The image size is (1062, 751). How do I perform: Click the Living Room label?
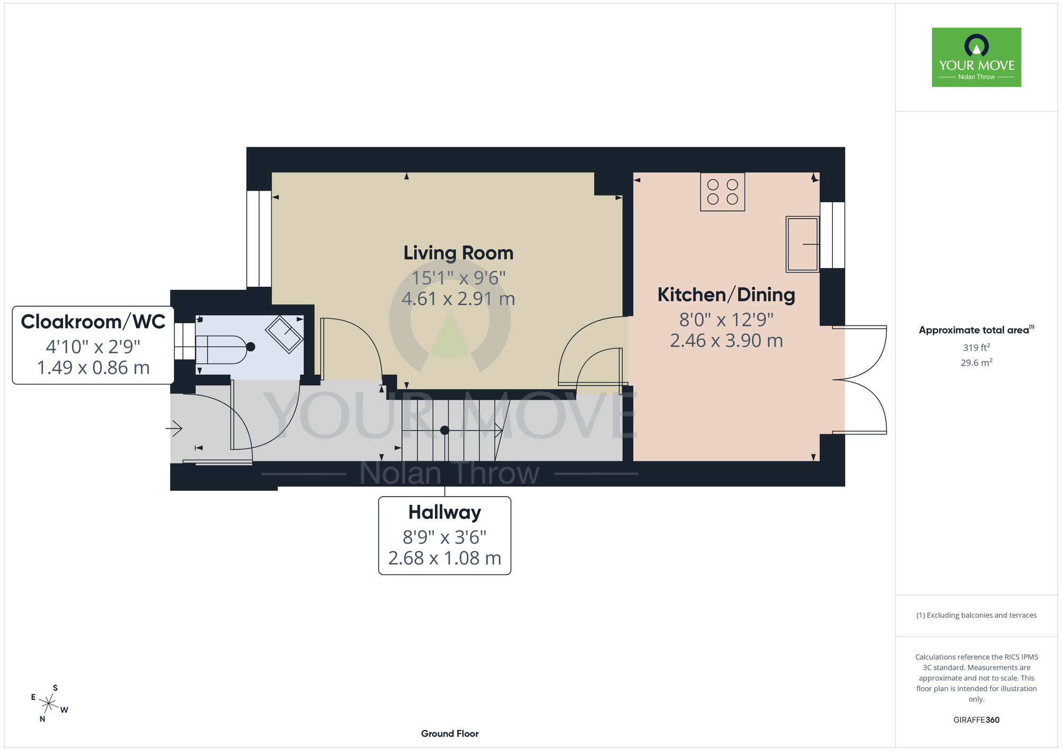pos(458,253)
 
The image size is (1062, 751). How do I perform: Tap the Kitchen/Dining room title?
pos(726,295)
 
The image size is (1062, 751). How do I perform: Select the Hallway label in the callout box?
pos(444,512)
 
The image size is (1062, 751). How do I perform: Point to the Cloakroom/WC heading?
pos(93,322)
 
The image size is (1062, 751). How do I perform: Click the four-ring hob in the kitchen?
pos(722,192)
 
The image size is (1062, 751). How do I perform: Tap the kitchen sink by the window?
pos(802,244)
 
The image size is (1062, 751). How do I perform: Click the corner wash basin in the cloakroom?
pos(285,334)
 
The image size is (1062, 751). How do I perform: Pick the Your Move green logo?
pos(977,57)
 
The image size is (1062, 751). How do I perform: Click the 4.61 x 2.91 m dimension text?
pos(458,299)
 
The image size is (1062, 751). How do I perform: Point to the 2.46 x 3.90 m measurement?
pos(726,341)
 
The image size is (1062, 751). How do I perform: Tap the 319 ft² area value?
pos(977,347)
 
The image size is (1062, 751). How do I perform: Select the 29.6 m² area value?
pos(977,363)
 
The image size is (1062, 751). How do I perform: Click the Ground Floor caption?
pos(450,733)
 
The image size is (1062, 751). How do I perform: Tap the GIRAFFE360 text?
pos(977,720)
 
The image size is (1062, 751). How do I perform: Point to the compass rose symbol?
pos(49,704)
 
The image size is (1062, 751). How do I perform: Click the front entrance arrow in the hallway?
pos(174,428)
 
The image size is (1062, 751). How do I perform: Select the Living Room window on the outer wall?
pos(259,238)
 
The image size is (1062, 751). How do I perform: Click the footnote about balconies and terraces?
pos(977,615)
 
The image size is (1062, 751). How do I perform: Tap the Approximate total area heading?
pos(977,330)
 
